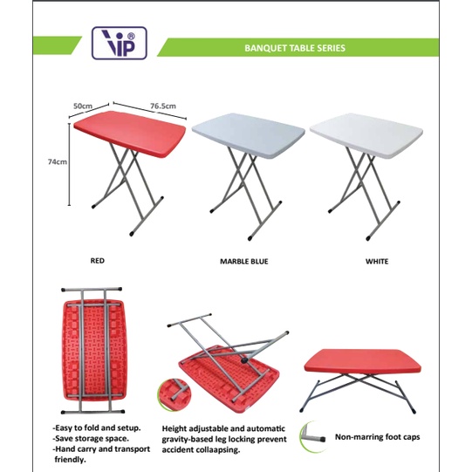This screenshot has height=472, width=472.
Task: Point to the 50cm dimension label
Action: (83, 106)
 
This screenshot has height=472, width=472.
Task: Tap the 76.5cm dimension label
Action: (163, 106)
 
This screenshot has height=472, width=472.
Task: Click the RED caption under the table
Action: (98, 260)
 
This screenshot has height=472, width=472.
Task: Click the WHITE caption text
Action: (378, 260)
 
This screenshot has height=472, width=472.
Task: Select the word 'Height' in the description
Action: (177, 429)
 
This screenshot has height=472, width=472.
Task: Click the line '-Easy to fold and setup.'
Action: (93, 428)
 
